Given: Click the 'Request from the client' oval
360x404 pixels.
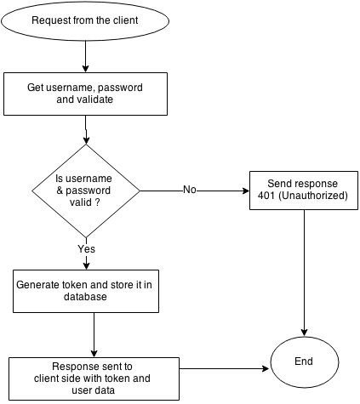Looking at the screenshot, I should (85, 20).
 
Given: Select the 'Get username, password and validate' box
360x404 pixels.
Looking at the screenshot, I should (85, 93).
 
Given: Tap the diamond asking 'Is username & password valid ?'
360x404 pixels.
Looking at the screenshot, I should (85, 191).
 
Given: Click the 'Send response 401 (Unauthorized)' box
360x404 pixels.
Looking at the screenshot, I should (304, 191).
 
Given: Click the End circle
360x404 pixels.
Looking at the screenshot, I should (304, 361).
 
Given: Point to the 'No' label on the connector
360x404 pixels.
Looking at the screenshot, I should (191, 190).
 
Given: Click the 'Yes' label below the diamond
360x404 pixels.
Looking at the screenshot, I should (86, 249).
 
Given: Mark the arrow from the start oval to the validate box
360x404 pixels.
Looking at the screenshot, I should (85, 56).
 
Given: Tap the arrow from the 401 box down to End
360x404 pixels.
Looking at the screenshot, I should (304, 272).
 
